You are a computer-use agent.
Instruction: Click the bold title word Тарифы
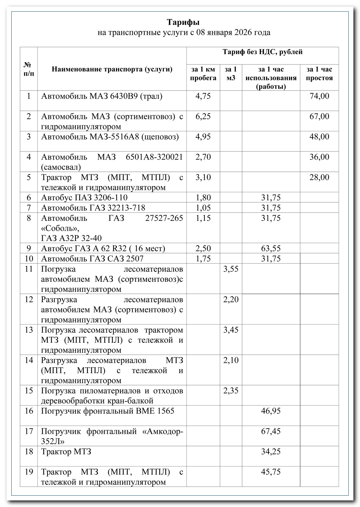point(183,22)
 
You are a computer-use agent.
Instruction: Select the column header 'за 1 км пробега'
point(203,74)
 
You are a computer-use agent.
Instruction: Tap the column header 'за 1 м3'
point(231,74)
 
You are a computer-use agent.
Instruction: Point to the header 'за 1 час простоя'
point(319,74)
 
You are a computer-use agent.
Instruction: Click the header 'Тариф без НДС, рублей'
point(263,52)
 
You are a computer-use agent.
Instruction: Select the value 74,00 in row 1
point(319,96)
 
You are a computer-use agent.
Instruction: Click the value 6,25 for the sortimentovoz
point(203,117)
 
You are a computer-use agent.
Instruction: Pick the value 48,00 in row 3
point(319,137)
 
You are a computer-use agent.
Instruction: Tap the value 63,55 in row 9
point(271,248)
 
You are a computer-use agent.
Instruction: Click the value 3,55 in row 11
point(231,269)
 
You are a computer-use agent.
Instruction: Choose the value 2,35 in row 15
point(231,391)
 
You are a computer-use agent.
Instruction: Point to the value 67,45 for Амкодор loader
point(271,431)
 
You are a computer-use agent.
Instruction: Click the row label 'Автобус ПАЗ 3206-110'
point(84,198)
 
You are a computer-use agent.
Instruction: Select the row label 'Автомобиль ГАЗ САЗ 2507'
point(92,259)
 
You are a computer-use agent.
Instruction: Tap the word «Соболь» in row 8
point(60,228)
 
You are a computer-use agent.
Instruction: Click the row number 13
point(29,330)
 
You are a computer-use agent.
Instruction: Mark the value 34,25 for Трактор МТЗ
point(271,452)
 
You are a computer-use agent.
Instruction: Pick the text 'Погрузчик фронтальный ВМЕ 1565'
point(108,411)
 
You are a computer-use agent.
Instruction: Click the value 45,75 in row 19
point(271,472)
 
